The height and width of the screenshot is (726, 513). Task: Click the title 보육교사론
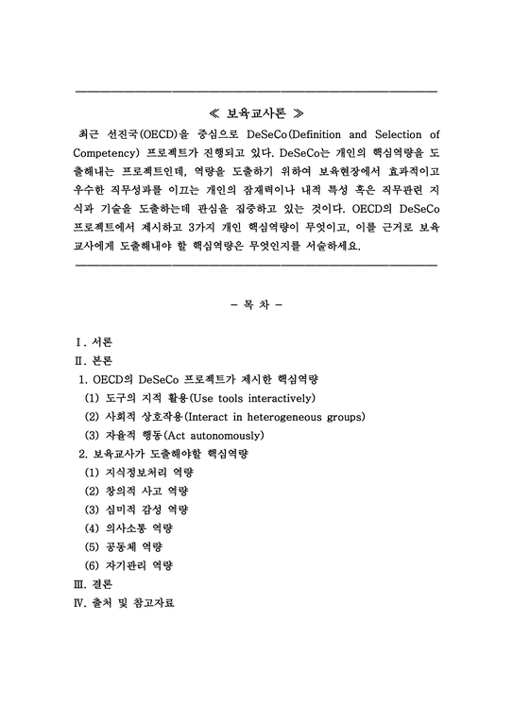(x=256, y=112)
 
